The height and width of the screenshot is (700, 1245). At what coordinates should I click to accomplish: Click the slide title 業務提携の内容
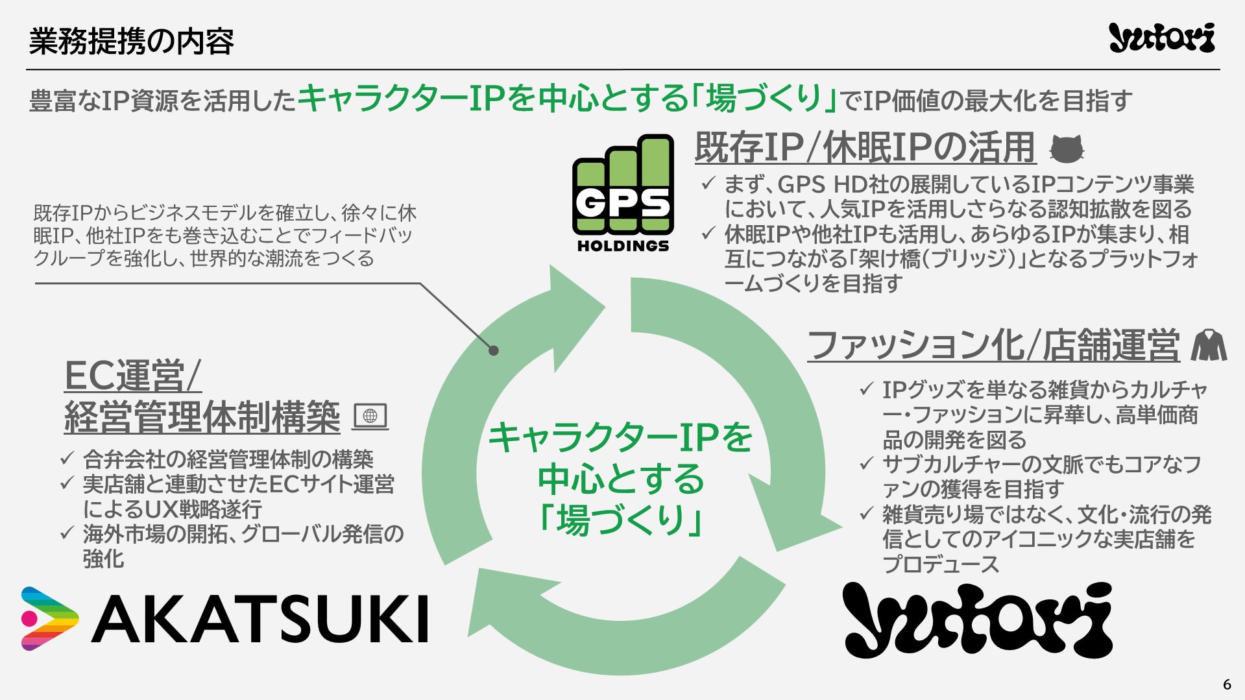click(x=131, y=41)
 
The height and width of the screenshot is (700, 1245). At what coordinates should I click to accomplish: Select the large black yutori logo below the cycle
click(x=977, y=620)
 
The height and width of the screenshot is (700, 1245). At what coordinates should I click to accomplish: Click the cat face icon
click(x=1067, y=149)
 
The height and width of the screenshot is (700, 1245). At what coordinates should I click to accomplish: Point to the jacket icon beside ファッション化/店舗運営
click(x=1209, y=345)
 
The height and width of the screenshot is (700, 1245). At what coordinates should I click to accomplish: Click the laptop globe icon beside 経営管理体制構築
click(x=370, y=416)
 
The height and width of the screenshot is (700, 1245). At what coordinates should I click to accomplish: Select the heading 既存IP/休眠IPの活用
click(x=864, y=147)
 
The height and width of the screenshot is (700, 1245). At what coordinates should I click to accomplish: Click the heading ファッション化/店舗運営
click(x=993, y=344)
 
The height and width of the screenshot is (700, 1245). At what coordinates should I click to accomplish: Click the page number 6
click(x=1226, y=684)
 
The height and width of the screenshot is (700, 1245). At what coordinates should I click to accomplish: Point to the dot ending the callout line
click(x=494, y=350)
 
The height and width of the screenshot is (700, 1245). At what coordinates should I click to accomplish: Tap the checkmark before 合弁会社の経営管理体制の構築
click(x=67, y=459)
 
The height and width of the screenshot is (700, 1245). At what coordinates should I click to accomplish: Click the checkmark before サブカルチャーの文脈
click(x=866, y=464)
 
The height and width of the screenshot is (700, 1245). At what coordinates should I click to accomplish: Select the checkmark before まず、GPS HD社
click(x=708, y=184)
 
